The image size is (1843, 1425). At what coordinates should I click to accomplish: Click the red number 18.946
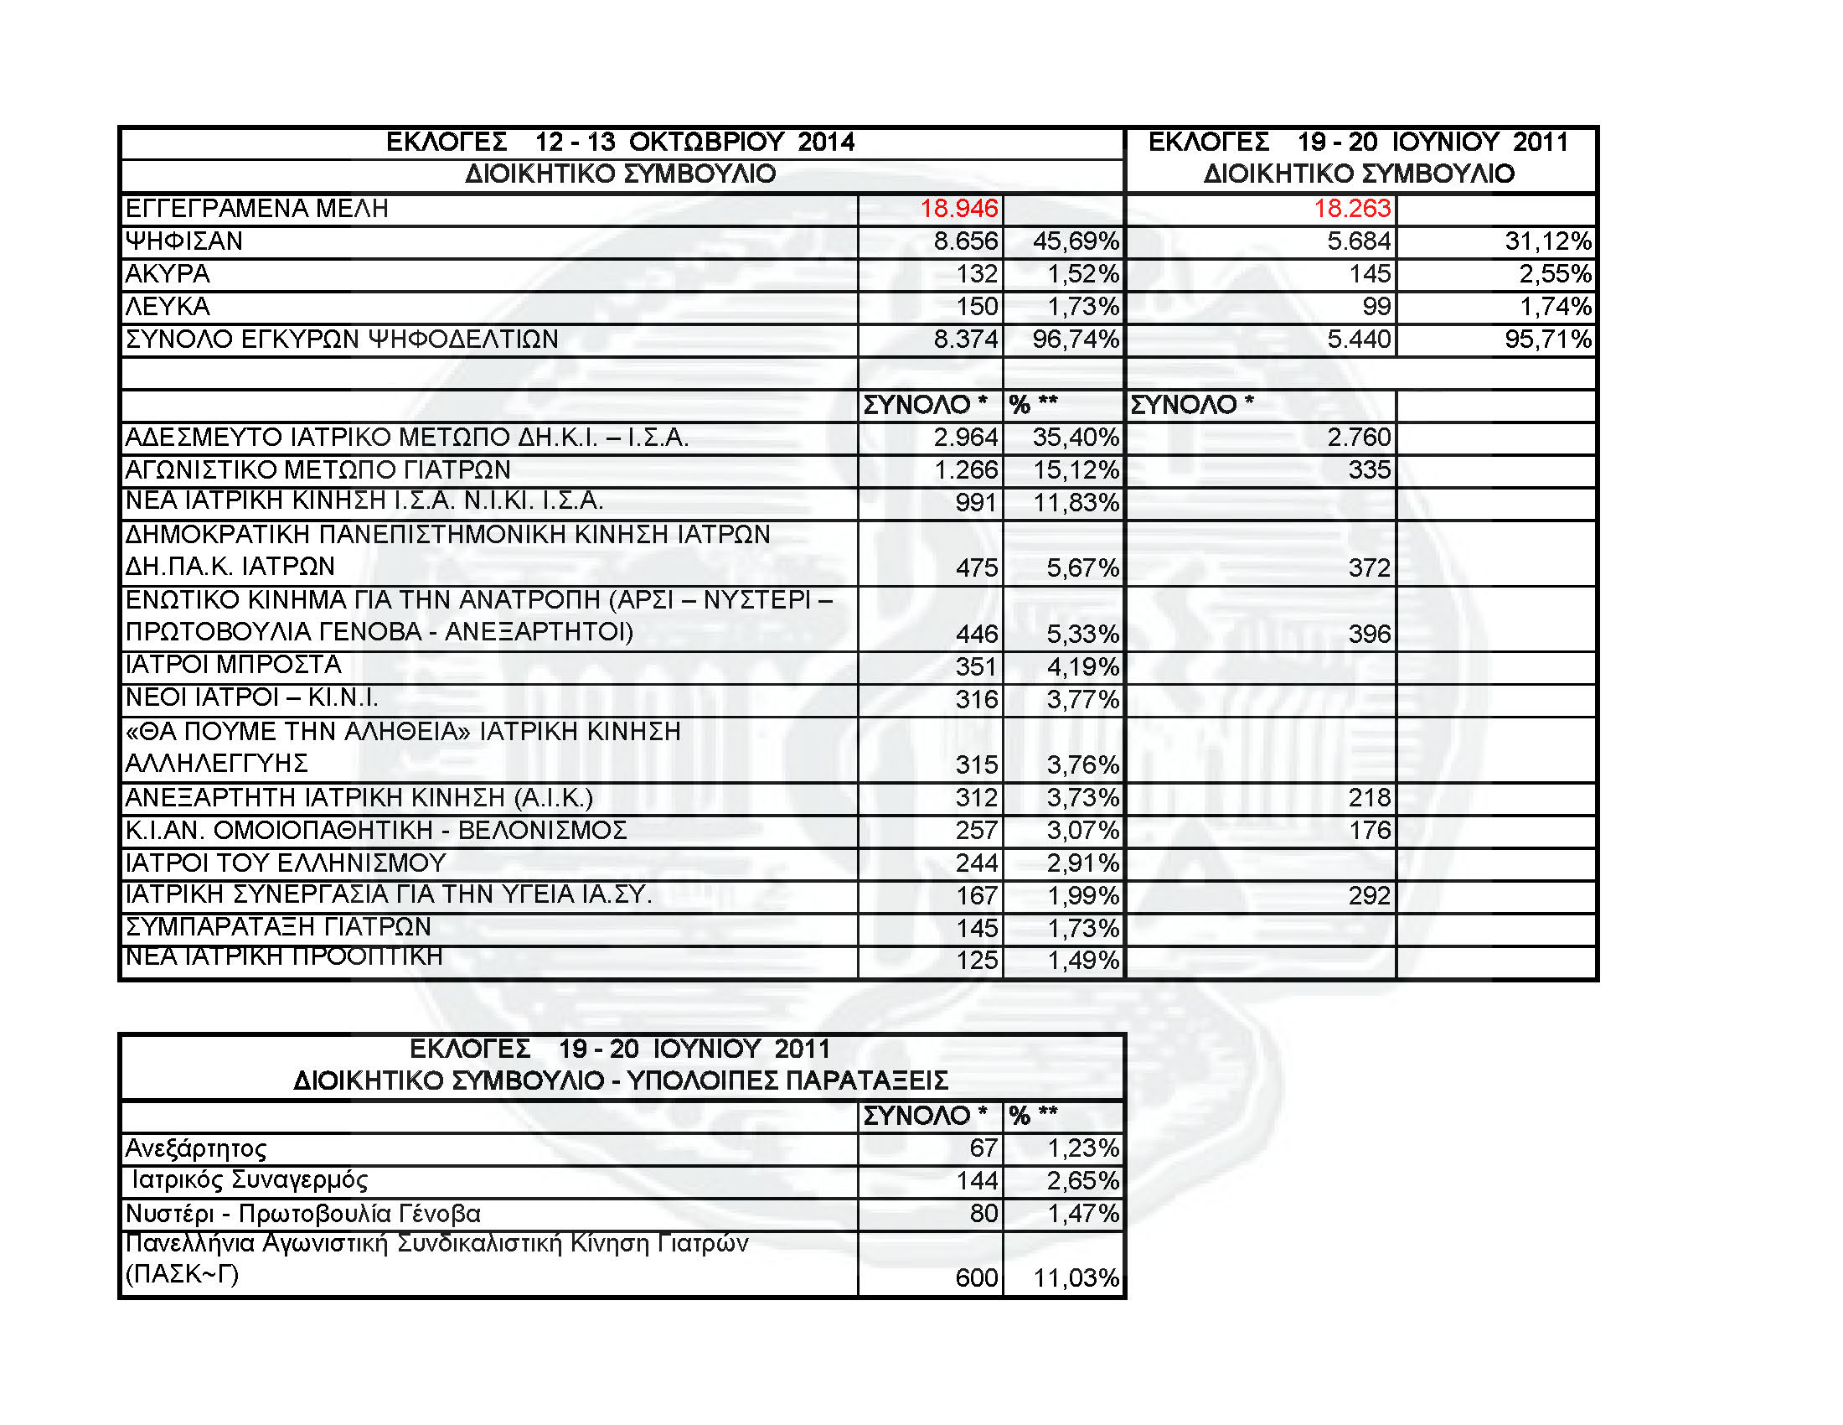(x=958, y=209)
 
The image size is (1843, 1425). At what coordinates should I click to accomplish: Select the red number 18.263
(x=1352, y=209)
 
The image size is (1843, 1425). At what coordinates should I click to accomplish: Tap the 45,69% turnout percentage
(x=1075, y=241)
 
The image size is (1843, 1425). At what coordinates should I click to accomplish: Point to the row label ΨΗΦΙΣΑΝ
(x=184, y=241)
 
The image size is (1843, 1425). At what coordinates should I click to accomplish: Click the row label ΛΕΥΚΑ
(x=167, y=307)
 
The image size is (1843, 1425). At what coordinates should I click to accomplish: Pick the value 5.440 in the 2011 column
(x=1359, y=339)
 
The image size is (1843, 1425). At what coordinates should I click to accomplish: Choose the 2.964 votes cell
(x=965, y=438)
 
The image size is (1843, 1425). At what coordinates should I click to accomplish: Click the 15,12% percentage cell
(x=1076, y=470)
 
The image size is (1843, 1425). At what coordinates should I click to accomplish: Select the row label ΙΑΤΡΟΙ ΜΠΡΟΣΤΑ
(x=233, y=666)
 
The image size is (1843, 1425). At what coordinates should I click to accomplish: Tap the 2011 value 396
(x=1369, y=634)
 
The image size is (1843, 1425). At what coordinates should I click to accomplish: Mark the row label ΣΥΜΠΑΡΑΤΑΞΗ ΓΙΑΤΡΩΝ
(x=277, y=927)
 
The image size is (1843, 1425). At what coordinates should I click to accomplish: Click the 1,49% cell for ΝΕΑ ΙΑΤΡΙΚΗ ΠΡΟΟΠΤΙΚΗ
(x=1082, y=961)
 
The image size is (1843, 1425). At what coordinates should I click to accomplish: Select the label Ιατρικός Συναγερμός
(x=250, y=1180)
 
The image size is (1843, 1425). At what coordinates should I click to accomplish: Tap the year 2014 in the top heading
(x=826, y=142)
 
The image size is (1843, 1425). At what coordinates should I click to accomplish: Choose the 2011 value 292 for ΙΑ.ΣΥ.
(x=1369, y=896)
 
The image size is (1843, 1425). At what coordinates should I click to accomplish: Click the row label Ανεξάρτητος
(x=196, y=1149)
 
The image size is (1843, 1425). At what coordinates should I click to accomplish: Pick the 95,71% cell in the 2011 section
(x=1547, y=339)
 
